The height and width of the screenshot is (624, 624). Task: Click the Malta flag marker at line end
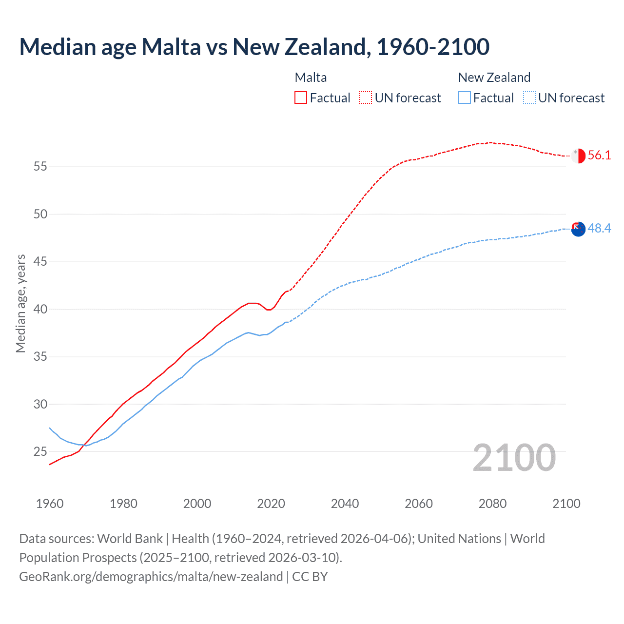click(x=578, y=156)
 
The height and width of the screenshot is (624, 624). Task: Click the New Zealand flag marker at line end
click(x=578, y=229)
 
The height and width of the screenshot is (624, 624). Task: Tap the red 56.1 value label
click(x=599, y=156)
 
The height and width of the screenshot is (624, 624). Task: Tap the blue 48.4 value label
click(x=599, y=228)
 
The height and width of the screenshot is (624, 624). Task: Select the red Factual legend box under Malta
click(x=301, y=98)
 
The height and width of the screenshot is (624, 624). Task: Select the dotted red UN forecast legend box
click(x=366, y=98)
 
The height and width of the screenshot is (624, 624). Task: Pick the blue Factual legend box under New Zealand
click(x=465, y=98)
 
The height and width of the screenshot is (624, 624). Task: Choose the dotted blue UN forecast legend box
click(x=529, y=98)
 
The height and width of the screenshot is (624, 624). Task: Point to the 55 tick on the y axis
click(x=40, y=167)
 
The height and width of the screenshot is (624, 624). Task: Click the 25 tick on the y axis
click(x=40, y=452)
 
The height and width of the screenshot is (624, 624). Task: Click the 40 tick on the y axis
click(x=40, y=310)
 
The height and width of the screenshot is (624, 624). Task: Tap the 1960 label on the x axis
click(x=50, y=504)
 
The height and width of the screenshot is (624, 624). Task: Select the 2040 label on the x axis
click(x=345, y=504)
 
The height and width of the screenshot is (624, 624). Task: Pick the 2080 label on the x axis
click(x=492, y=504)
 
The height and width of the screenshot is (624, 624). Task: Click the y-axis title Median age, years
click(x=20, y=303)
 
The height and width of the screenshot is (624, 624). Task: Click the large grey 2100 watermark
click(x=514, y=457)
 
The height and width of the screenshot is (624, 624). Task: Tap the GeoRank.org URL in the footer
click(x=151, y=577)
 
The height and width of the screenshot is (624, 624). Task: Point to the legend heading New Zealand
click(x=494, y=78)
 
